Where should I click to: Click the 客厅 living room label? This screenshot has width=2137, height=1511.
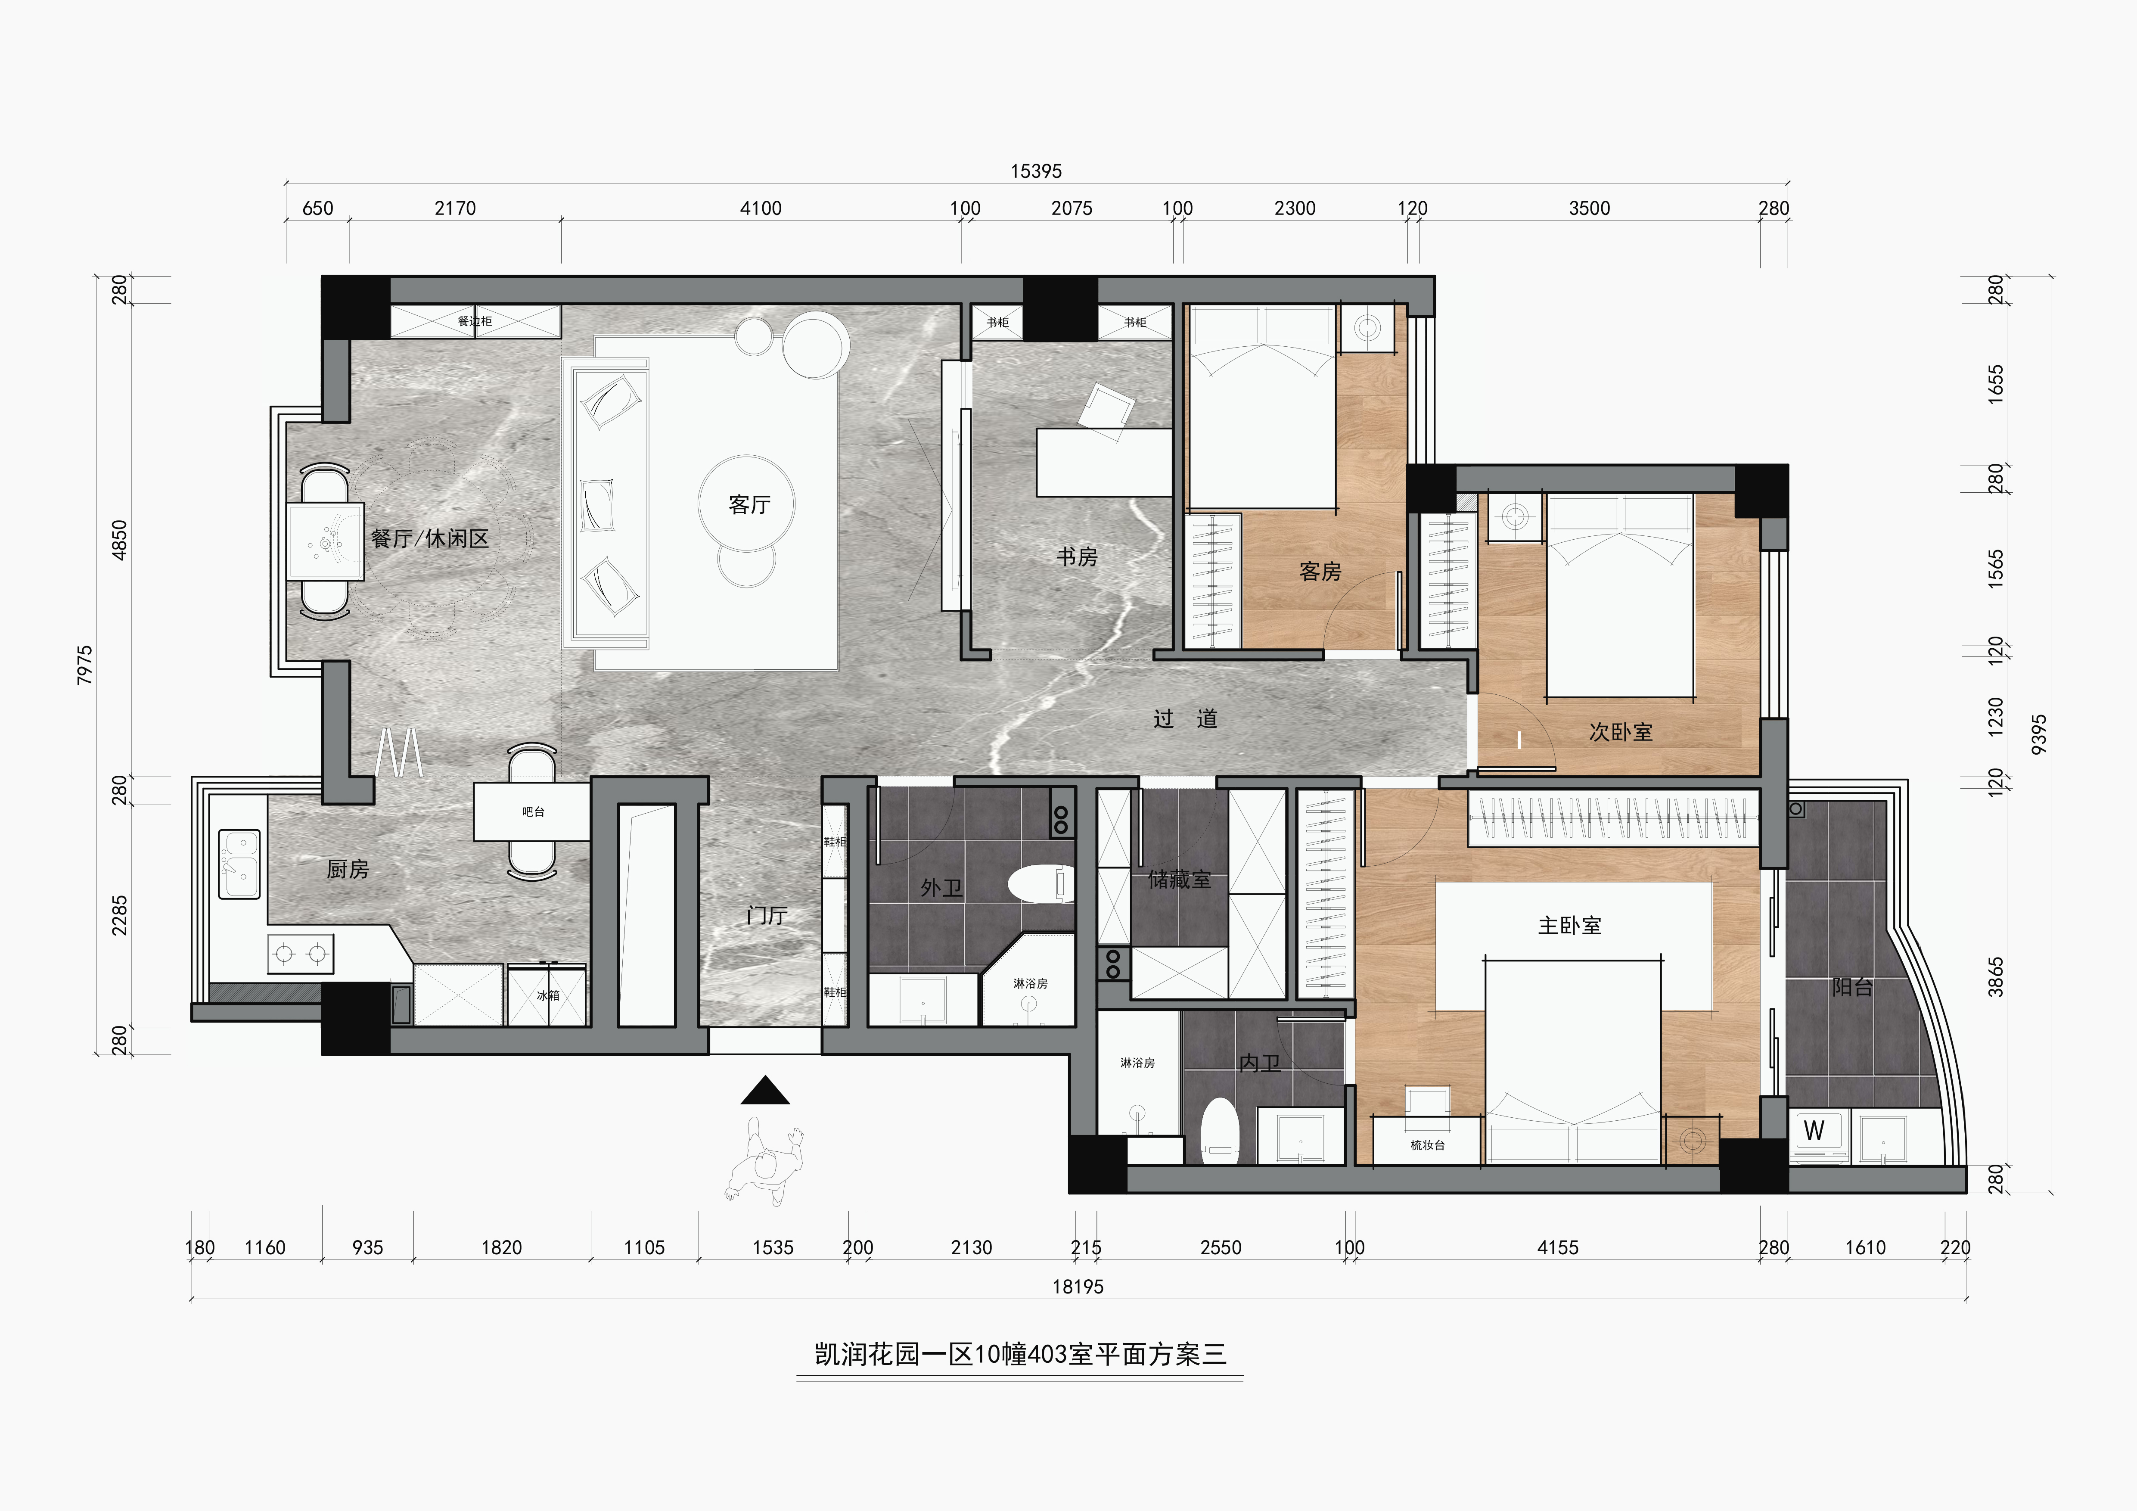749,504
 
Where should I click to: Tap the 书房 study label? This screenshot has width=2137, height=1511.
1077,557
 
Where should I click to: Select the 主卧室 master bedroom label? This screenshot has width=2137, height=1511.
1570,925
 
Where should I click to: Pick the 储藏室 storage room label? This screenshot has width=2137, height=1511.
1179,879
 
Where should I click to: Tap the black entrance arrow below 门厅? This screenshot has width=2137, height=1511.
765,1090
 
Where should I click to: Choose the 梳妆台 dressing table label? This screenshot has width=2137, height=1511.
1427,1145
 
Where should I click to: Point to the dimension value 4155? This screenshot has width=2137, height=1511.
1558,1247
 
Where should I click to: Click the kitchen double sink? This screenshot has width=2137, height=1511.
239,864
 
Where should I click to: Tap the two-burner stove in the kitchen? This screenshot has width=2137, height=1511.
301,953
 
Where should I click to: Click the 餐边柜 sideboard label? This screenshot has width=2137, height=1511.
475,321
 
